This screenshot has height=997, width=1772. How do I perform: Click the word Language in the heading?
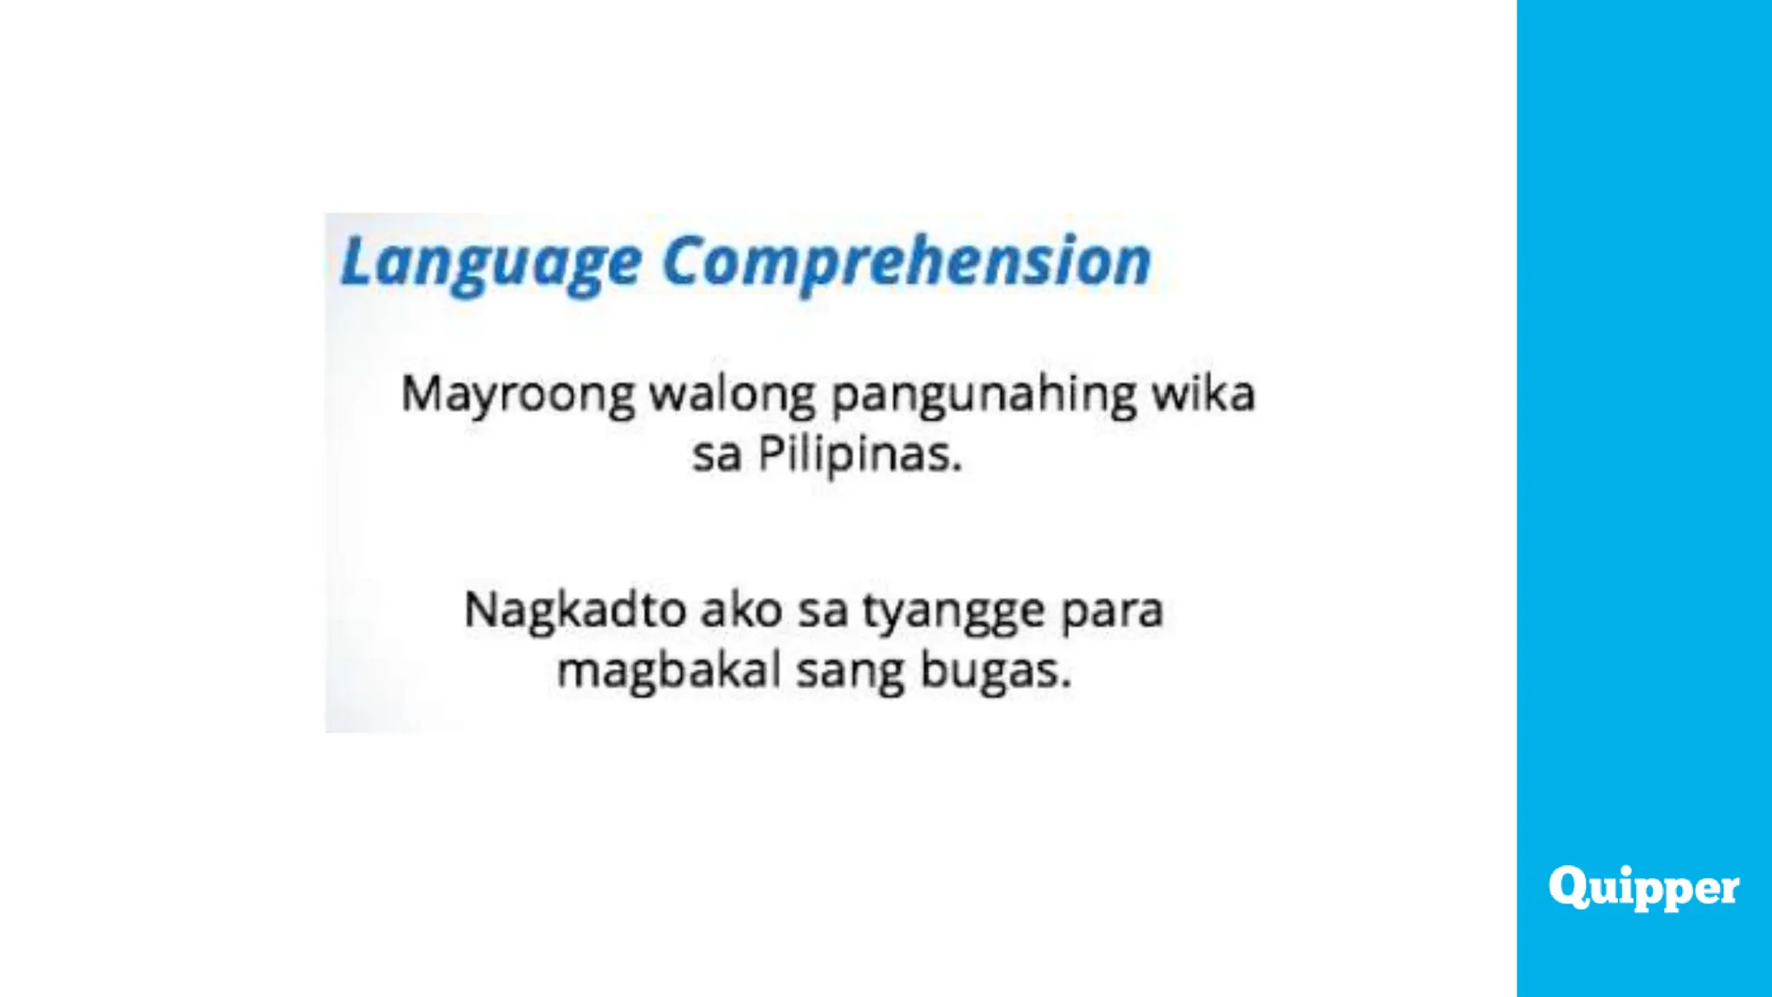[x=491, y=261]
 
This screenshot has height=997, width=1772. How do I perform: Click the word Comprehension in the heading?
[x=907, y=261]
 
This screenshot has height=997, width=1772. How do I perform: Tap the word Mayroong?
[x=517, y=396]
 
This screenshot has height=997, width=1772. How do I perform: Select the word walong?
[x=732, y=394]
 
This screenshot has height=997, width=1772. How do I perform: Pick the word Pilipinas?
[x=860, y=454]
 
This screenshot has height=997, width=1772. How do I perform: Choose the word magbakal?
[x=669, y=671]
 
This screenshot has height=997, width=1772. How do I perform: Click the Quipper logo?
[x=1644, y=887]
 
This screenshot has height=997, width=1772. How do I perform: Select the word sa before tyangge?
[x=823, y=611]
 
